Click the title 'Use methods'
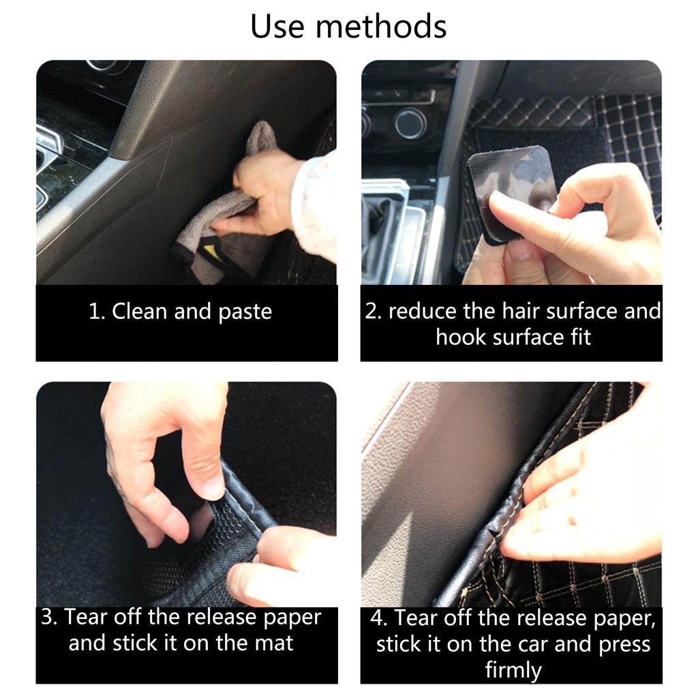pyautogui.click(x=348, y=27)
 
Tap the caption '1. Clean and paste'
pyautogui.click(x=181, y=312)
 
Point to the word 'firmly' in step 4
pyautogui.click(x=512, y=669)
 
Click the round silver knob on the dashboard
pyautogui.click(x=410, y=123)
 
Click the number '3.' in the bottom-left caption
pyautogui.click(x=50, y=617)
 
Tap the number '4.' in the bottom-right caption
pyautogui.click(x=380, y=618)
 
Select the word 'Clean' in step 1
pyautogui.click(x=140, y=312)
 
